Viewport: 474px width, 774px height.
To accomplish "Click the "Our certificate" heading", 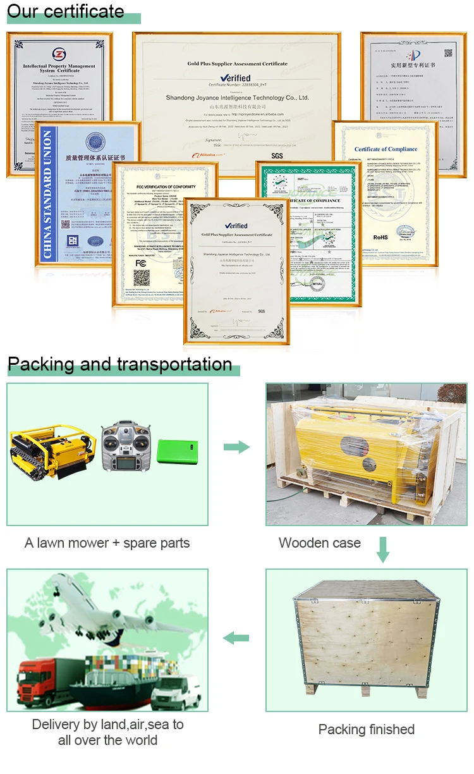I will coord(66,11).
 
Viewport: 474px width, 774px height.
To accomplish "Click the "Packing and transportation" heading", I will coord(119,364).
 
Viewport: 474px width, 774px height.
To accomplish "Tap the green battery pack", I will coord(177,453).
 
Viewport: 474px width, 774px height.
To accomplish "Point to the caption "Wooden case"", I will coord(319,543).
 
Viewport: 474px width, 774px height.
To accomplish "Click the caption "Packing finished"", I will coord(366,729).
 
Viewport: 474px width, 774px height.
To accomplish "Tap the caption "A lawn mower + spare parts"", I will coord(107,543).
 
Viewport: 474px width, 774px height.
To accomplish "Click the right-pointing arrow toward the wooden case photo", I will coord(236,447).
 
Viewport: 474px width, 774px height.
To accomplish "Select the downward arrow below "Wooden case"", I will coord(382,550).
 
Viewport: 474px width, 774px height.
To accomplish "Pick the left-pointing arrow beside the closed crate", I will coord(236,638).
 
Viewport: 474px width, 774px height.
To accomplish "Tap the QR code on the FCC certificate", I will coord(142,278).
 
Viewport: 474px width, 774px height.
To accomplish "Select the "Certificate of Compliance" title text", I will coord(386,149).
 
